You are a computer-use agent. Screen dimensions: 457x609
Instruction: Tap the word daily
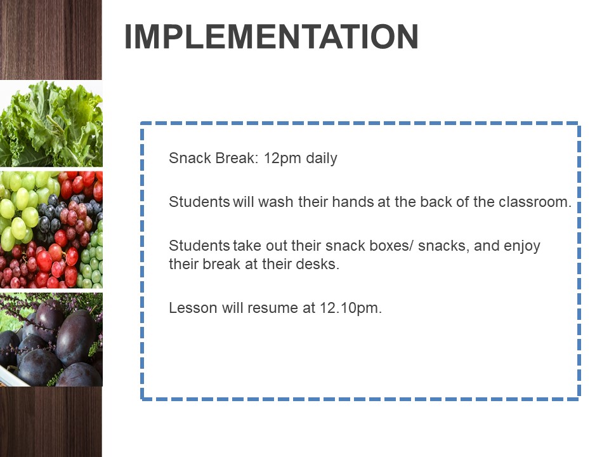pos(322,159)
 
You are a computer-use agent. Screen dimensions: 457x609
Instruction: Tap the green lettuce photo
pos(51,124)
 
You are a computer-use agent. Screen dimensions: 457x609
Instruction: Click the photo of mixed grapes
pos(51,229)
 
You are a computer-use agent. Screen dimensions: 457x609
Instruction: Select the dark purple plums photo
pos(51,339)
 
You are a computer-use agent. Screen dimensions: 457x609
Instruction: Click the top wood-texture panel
pos(51,39)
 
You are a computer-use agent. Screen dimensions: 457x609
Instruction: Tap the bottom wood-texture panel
pos(51,421)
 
